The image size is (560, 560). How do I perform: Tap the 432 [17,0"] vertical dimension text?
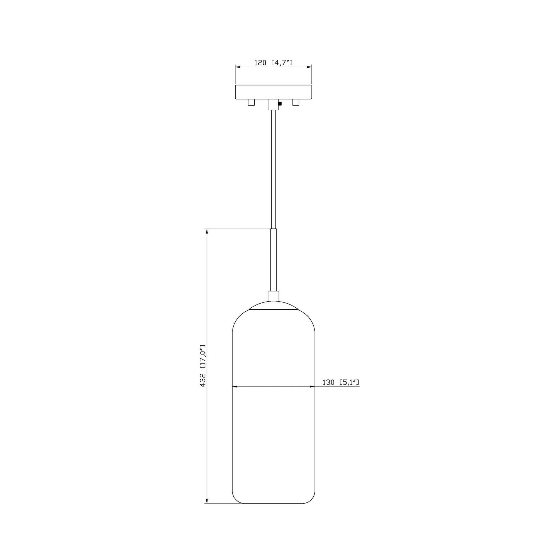[x=203, y=366]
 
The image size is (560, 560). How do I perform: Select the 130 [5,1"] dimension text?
[x=341, y=382]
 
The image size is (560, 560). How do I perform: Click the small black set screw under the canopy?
[x=280, y=104]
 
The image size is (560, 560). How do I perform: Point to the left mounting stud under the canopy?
[x=251, y=102]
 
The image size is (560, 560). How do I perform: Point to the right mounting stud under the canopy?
[x=296, y=102]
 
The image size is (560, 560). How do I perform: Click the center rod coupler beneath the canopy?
[x=273, y=104]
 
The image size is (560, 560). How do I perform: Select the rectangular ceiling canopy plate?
[x=273, y=92]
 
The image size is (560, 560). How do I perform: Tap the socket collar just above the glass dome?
[x=273, y=296]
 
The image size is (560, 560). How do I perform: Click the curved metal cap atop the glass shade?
[x=273, y=306]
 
